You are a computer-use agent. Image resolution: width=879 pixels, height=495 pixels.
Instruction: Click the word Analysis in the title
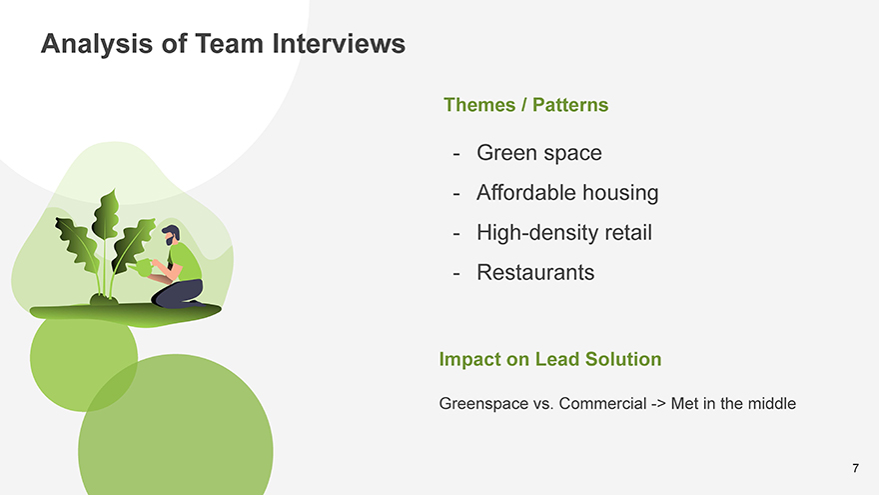pyautogui.click(x=97, y=44)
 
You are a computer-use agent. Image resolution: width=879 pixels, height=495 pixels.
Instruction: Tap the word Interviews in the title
pyautogui.click(x=339, y=43)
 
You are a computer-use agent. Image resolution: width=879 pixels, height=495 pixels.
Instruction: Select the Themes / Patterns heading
pyautogui.click(x=525, y=105)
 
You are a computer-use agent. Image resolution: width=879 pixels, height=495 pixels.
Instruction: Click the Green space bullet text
pyautogui.click(x=538, y=153)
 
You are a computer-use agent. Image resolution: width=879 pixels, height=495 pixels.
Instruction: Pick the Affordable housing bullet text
pyautogui.click(x=567, y=192)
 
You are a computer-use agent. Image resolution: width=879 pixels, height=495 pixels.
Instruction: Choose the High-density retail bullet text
pyautogui.click(x=564, y=232)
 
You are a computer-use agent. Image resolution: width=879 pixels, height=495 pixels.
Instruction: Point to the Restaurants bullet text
pyautogui.click(x=535, y=272)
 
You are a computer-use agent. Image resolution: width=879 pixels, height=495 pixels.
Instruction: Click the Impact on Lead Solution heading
pyautogui.click(x=550, y=359)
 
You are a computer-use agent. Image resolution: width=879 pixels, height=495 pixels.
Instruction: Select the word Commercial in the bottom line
pyautogui.click(x=602, y=404)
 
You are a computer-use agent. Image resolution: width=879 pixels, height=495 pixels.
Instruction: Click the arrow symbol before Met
pyautogui.click(x=658, y=404)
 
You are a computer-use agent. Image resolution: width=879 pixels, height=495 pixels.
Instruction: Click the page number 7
pyautogui.click(x=855, y=468)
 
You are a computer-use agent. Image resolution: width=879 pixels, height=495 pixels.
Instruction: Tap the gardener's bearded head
pyautogui.click(x=172, y=235)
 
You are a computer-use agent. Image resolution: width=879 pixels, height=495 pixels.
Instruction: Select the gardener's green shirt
pyautogui.click(x=185, y=261)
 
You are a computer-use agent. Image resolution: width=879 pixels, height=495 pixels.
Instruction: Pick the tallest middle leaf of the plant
pyautogui.click(x=106, y=216)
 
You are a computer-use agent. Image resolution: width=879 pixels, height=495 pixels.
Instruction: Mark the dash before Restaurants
pyautogui.click(x=456, y=273)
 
